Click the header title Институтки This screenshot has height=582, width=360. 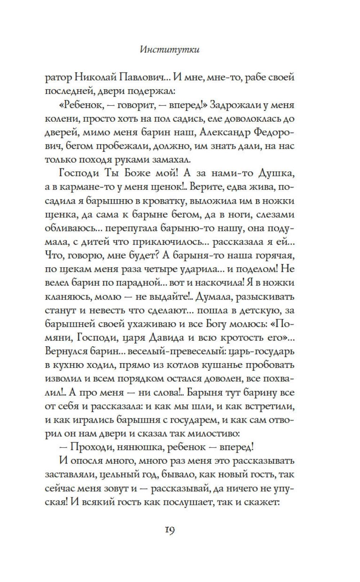tap(169, 50)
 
